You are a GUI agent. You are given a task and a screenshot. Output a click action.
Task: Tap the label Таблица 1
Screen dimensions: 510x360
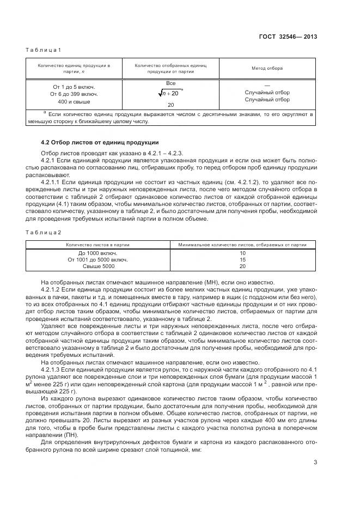(x=44, y=50)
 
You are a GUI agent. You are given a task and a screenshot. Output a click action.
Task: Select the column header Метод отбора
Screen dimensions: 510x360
(x=267, y=68)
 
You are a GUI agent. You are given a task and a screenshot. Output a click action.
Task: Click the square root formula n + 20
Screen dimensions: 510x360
(x=170, y=94)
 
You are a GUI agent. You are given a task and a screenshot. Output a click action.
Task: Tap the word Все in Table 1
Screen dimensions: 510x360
(x=170, y=83)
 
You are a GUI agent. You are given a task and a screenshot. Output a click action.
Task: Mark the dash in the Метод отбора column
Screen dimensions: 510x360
(x=267, y=86)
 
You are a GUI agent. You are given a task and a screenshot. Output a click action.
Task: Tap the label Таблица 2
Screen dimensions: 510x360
(x=44, y=233)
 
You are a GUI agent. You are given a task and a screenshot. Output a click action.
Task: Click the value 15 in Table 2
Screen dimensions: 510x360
(x=242, y=260)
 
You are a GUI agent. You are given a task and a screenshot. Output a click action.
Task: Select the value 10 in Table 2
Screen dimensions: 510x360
(x=242, y=253)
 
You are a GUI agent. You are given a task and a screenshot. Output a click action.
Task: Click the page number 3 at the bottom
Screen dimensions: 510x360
(x=315, y=463)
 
